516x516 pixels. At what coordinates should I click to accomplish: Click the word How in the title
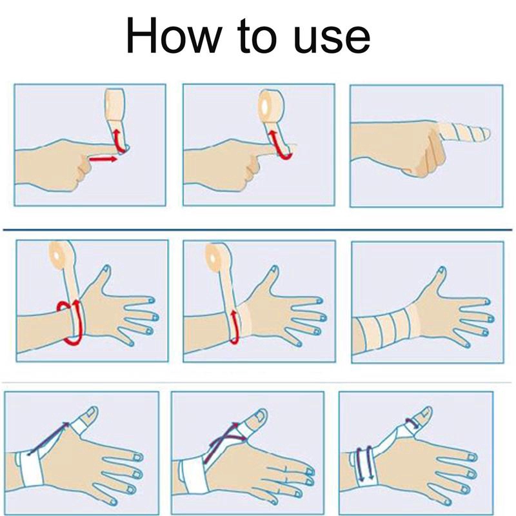coord(174,35)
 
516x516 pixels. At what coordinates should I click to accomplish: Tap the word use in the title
coord(332,39)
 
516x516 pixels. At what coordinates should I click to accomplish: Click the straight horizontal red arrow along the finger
coord(103,159)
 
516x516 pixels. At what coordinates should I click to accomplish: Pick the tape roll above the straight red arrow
coord(114,104)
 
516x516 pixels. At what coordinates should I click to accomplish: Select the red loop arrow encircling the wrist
coord(70,322)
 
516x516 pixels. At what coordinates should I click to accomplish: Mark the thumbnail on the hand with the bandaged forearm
coord(442,271)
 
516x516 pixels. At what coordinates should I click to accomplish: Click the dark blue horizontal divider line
coord(257,230)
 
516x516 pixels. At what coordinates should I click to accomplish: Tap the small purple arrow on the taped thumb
coord(412,422)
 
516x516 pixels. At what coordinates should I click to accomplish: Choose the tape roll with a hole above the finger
coord(268,104)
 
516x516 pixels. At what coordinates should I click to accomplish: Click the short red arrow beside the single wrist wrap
coord(235,327)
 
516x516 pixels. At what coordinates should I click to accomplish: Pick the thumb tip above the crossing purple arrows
coord(259,417)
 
